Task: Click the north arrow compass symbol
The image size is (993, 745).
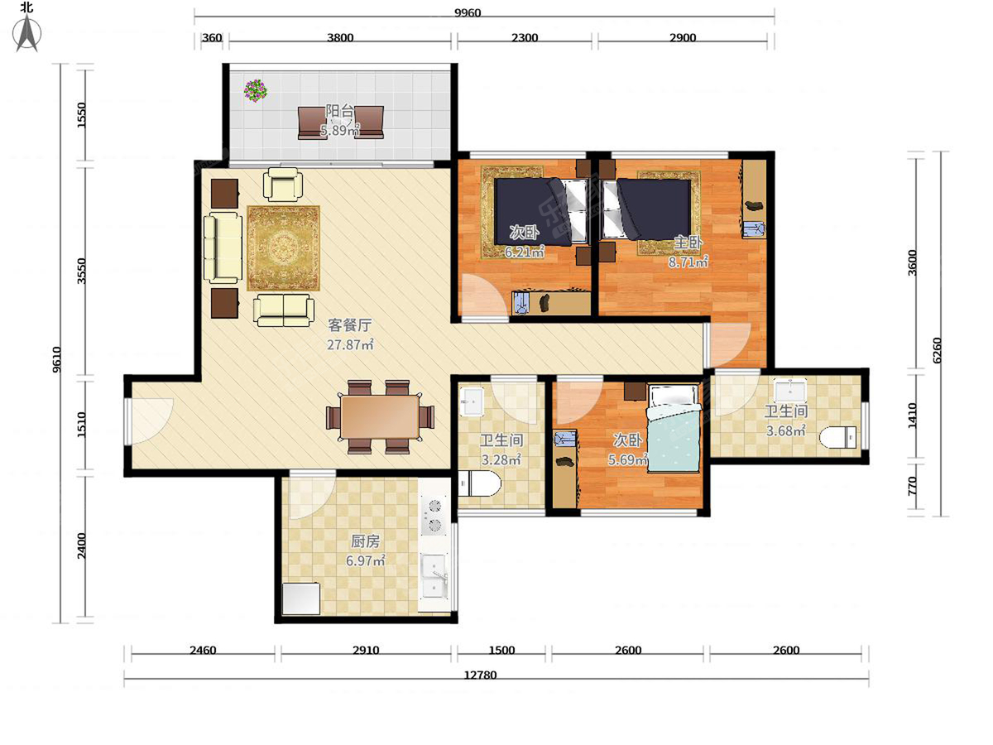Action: click(x=27, y=31)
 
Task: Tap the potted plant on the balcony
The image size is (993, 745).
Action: click(x=256, y=90)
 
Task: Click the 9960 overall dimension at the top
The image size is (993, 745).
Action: click(x=468, y=12)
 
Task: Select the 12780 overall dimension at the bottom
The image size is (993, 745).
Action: click(x=480, y=675)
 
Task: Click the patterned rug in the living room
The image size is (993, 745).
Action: click(x=283, y=248)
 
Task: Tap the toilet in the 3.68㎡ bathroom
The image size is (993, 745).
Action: click(x=837, y=437)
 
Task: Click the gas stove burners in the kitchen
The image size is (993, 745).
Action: click(x=434, y=515)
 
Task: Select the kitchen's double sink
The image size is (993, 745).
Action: click(x=434, y=576)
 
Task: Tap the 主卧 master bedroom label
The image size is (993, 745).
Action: click(x=688, y=243)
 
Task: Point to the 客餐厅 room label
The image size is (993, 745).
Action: click(x=350, y=324)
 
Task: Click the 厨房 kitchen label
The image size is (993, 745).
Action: click(x=365, y=541)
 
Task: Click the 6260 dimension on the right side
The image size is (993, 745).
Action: click(x=936, y=350)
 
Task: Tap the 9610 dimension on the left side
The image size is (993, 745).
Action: click(x=56, y=359)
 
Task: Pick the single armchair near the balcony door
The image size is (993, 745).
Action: click(x=283, y=184)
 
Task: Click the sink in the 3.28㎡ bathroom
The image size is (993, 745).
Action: click(x=472, y=401)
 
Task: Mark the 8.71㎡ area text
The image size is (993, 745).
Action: click(x=688, y=262)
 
